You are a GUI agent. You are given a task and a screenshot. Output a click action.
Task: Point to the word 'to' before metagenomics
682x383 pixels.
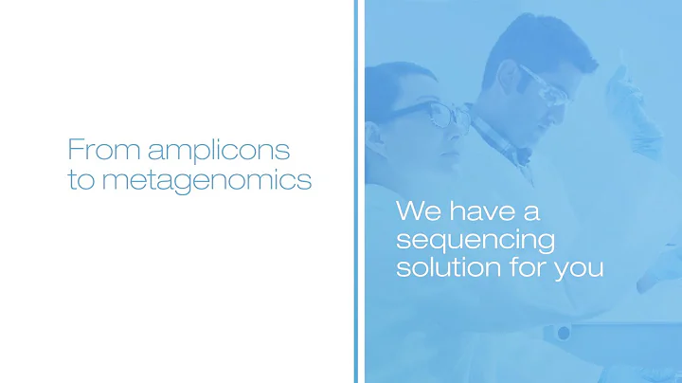pyautogui.click(x=80, y=180)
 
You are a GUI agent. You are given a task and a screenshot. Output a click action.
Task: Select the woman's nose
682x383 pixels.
pyautogui.click(x=461, y=127)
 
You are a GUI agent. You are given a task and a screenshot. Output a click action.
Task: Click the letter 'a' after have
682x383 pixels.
pyautogui.click(x=532, y=210)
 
